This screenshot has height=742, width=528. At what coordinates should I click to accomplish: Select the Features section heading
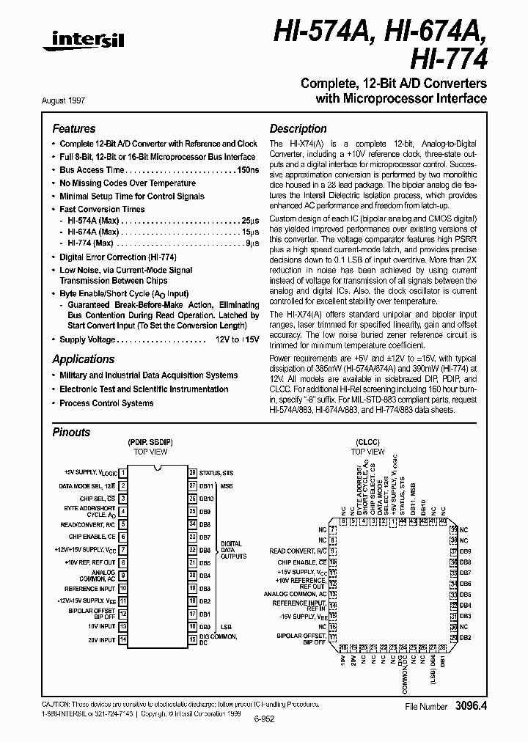point(73,128)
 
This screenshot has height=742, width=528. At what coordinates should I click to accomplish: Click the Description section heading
point(298,128)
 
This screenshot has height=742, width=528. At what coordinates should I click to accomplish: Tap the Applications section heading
point(83,359)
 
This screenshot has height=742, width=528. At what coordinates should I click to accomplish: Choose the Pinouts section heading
point(71,432)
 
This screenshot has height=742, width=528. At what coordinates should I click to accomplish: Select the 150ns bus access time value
point(248,169)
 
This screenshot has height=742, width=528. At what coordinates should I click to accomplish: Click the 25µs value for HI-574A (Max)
point(250,220)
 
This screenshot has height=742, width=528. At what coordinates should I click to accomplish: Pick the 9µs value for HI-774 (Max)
point(252,243)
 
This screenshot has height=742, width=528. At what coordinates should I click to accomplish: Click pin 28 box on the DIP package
point(192,473)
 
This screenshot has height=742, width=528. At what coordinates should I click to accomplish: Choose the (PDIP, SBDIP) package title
point(150,443)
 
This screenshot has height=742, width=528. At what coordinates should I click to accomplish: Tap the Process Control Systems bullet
point(106,403)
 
